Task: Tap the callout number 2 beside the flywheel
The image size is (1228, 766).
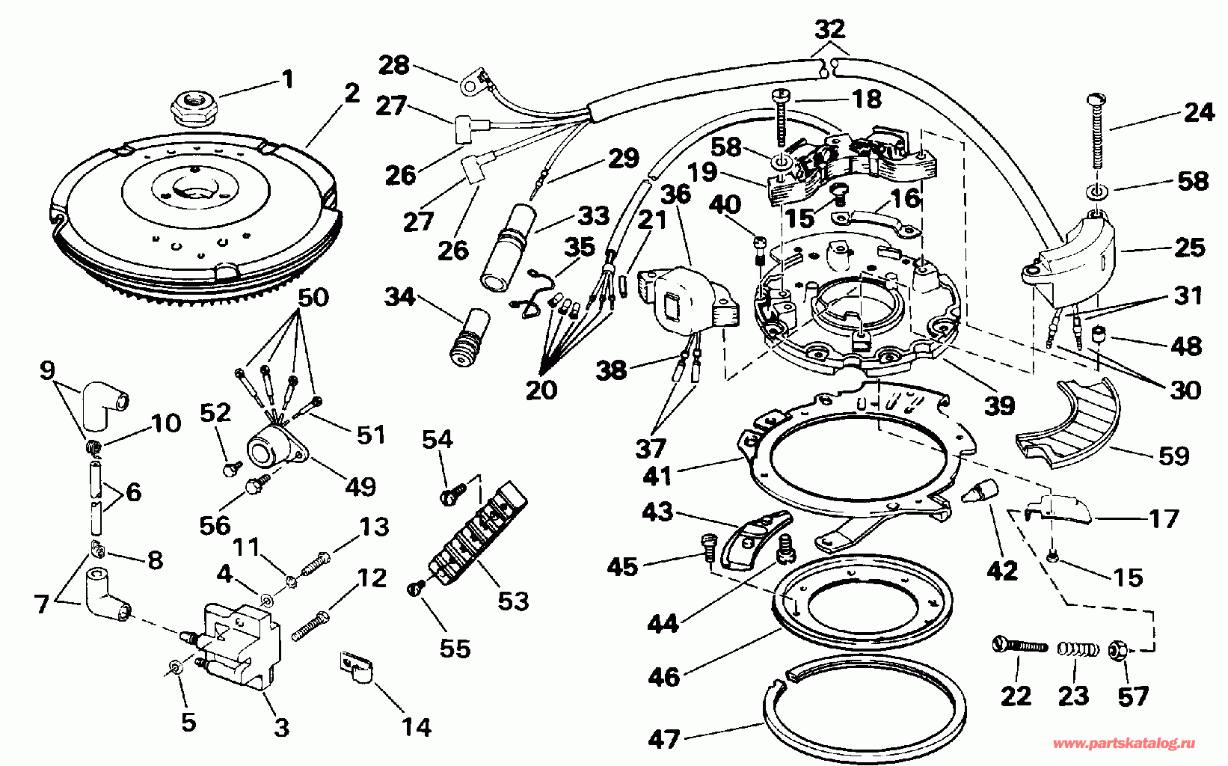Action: click(x=351, y=93)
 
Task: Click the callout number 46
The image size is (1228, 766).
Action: click(x=664, y=676)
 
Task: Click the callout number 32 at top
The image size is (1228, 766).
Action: click(x=829, y=29)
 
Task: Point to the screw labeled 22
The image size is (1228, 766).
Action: click(x=1019, y=645)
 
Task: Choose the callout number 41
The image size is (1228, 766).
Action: click(x=658, y=475)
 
